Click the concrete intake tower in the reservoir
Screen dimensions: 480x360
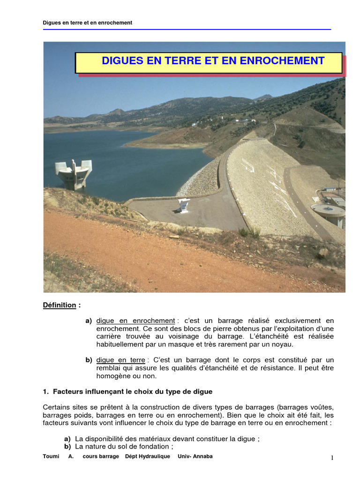tap(74, 173)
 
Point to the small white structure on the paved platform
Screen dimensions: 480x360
tap(184, 204)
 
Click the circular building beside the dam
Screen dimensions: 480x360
tap(329, 213)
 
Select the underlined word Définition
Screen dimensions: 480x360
tap(60, 305)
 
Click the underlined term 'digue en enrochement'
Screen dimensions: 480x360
tap(135, 321)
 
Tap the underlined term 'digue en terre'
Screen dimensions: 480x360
tap(120, 360)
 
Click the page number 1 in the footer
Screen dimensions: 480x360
tap(332, 458)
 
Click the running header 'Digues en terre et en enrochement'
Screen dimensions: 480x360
tap(88, 22)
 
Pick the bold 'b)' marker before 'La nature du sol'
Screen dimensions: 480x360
tap(67, 447)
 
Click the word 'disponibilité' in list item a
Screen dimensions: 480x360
tap(107, 439)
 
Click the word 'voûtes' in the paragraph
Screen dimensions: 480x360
tap(323, 407)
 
